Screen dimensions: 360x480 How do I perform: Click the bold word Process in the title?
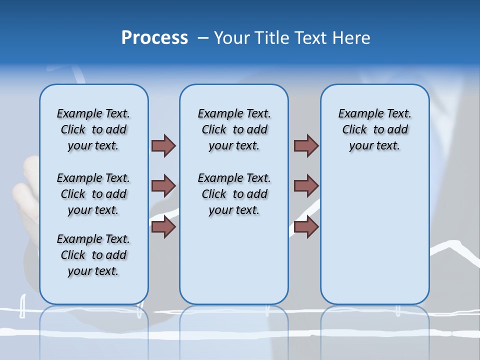pos(154,38)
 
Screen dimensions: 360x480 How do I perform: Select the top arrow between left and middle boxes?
pos(163,145)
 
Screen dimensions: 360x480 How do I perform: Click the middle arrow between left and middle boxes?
pos(163,186)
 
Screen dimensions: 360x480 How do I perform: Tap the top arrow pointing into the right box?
pos(306,145)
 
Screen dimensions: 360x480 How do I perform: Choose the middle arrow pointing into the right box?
pos(306,186)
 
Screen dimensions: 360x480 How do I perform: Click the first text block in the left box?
pos(93,129)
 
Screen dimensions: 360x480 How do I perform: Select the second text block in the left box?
pos(93,194)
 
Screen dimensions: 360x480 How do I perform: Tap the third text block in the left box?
pos(93,255)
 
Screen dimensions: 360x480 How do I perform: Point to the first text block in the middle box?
pos(234,129)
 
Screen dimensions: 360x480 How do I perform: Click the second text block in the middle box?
pos(234,194)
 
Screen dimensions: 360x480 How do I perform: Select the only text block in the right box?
pos(374,129)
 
